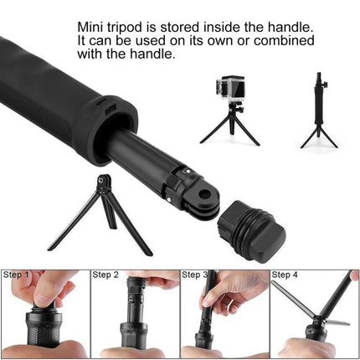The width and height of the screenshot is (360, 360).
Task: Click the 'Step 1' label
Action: [x=16, y=275]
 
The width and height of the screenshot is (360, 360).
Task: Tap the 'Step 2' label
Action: [x=105, y=275]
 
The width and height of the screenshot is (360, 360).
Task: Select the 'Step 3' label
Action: [x=194, y=275]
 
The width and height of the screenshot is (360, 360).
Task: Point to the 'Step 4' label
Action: [x=284, y=275]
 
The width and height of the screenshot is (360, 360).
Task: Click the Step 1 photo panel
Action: [x=44, y=314]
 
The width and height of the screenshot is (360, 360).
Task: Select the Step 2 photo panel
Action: [x=134, y=314]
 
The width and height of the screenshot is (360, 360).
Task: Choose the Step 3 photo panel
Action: [x=224, y=314]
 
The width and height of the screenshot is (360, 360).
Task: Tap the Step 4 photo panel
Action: [x=314, y=314]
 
